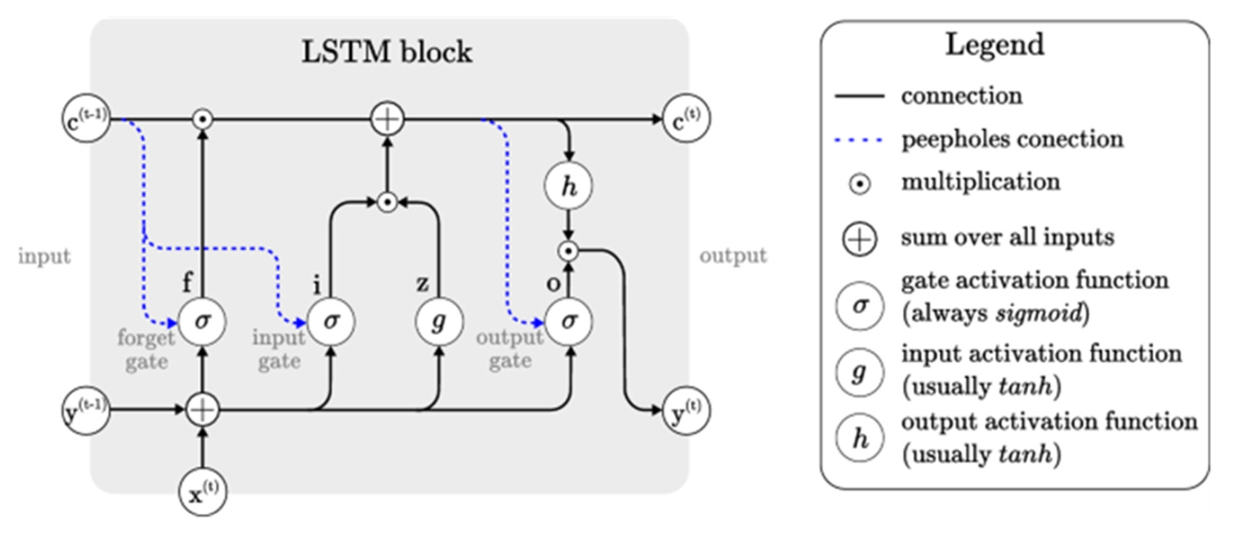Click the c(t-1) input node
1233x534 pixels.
pyautogui.click(x=86, y=119)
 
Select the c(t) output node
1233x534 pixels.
pyautogui.click(x=685, y=119)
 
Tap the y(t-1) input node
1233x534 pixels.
pyautogui.click(x=86, y=410)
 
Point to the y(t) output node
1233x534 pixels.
pyautogui.click(x=685, y=410)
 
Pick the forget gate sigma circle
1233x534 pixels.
pyautogui.click(x=202, y=322)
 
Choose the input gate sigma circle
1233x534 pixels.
pyautogui.click(x=331, y=322)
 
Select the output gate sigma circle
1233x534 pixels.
pyautogui.click(x=568, y=322)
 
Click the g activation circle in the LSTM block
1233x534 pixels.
pyautogui.click(x=439, y=322)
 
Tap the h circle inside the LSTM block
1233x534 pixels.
pyautogui.click(x=568, y=186)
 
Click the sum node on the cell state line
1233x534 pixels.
pyautogui.click(x=387, y=120)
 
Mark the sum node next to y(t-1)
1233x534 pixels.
pyautogui.click(x=202, y=409)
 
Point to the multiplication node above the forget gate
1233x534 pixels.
pyautogui.click(x=202, y=120)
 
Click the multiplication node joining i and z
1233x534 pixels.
pyautogui.click(x=386, y=202)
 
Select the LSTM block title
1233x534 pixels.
pyautogui.click(x=386, y=52)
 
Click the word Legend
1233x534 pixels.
pyautogui.click(x=994, y=45)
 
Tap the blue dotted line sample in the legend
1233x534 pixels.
pyautogui.click(x=859, y=140)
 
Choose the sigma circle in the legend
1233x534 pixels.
pyautogui.click(x=859, y=306)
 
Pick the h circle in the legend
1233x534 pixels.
pyautogui.click(x=859, y=438)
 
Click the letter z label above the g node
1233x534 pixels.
pyautogui.click(x=422, y=284)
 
